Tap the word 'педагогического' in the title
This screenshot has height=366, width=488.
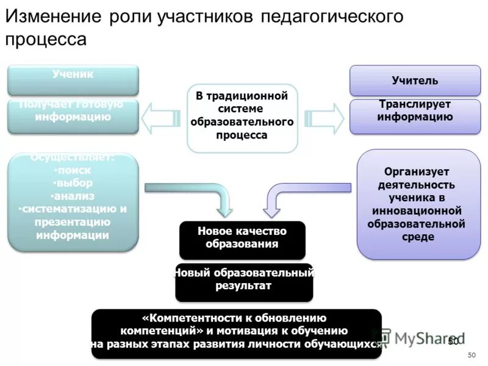(x=332, y=16)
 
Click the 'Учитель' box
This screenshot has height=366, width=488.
(x=415, y=81)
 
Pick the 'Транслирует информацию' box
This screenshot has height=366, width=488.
(x=415, y=116)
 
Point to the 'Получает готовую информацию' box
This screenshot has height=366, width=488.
(x=73, y=116)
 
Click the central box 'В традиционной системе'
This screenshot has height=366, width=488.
(x=242, y=118)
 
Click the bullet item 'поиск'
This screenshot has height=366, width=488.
(x=73, y=170)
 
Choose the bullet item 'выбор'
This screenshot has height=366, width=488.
(x=73, y=183)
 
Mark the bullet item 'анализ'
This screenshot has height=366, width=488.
(x=74, y=196)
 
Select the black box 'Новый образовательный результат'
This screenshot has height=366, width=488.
(x=243, y=281)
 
